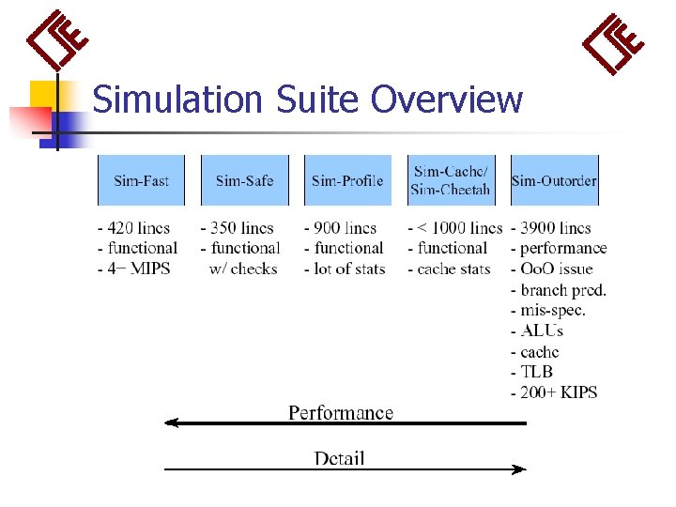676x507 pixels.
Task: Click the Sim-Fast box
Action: click(141, 180)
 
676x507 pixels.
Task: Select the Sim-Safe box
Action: click(244, 180)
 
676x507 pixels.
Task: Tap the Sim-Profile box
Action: click(347, 180)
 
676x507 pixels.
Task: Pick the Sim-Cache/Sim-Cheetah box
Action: click(451, 180)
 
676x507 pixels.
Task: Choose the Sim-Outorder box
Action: click(554, 180)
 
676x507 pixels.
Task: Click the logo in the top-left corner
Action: click(58, 42)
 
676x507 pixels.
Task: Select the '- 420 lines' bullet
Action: click(138, 228)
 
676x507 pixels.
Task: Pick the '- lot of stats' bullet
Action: click(345, 269)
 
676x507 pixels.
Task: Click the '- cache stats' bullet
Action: click(449, 269)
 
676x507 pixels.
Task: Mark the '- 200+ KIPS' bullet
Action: click(554, 392)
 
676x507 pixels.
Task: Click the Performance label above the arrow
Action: click(341, 412)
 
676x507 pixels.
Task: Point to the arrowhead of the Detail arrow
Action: click(519, 469)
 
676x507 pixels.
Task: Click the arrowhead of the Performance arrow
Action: click(171, 423)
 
